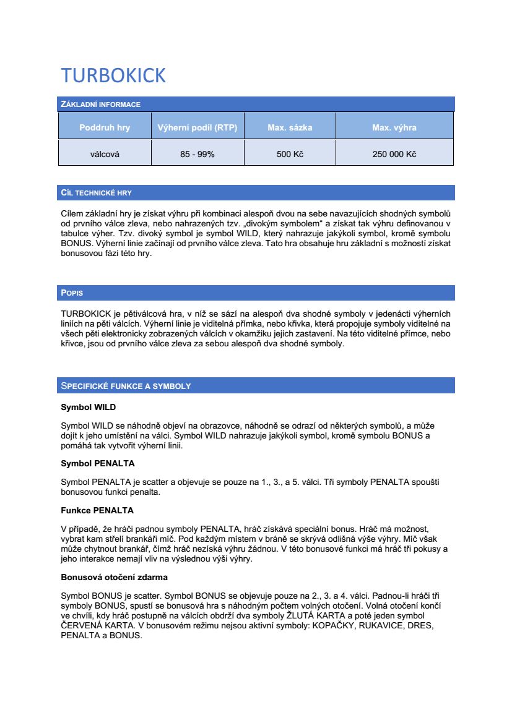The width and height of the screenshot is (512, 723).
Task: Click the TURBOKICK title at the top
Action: (113, 75)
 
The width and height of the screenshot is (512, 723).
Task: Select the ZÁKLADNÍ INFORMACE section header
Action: (101, 105)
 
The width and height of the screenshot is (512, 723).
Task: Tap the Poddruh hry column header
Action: (105, 128)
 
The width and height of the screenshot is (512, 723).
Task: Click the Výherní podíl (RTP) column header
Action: (197, 128)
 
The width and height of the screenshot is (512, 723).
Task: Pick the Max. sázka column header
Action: (290, 128)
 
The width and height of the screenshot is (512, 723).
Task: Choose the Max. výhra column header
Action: (394, 128)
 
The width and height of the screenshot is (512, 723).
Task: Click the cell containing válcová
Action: (105, 154)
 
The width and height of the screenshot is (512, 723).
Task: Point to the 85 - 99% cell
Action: (197, 154)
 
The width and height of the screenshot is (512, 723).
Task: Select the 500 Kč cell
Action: (290, 154)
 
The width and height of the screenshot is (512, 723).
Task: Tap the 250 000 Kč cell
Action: (394, 154)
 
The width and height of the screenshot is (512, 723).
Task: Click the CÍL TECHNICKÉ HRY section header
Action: (96, 193)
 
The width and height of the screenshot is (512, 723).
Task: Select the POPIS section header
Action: (72, 293)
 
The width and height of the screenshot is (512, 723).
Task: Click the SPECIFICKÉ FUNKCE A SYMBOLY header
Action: (126, 386)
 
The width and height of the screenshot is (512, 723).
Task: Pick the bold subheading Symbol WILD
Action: (88, 408)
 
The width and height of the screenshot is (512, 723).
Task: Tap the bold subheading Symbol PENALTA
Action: (97, 463)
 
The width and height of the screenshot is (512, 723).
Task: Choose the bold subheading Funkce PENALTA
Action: (97, 510)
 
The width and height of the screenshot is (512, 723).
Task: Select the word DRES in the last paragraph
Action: (420, 625)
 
